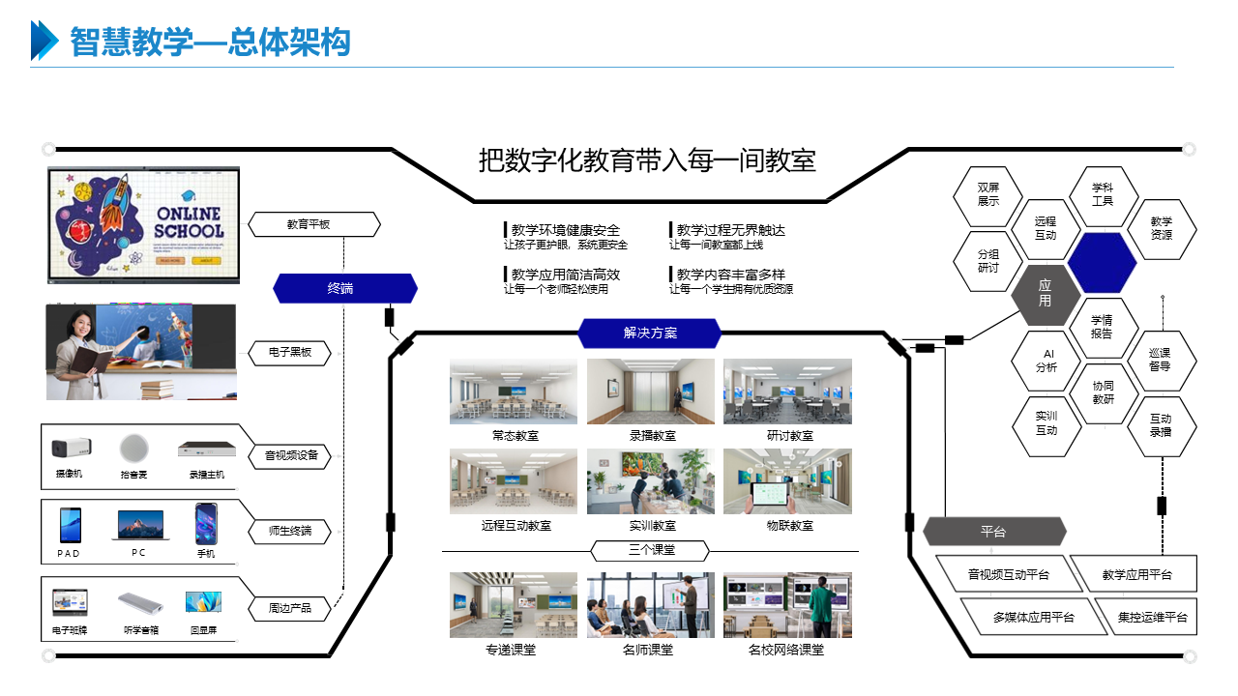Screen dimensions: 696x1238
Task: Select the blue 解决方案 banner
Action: [x=650, y=333]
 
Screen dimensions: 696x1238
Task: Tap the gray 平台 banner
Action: [x=994, y=532]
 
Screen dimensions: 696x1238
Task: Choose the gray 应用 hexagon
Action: [x=1046, y=294]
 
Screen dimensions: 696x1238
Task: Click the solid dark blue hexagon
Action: [x=1102, y=262]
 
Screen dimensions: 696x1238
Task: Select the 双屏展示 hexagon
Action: [x=987, y=195]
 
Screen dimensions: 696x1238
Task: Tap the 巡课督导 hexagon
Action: [x=1161, y=360]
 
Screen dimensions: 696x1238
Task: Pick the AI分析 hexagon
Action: [x=1046, y=361]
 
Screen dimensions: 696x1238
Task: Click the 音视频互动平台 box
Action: [x=1009, y=574]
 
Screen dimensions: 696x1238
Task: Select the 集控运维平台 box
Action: [x=1152, y=617]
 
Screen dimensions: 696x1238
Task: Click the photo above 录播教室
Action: [x=650, y=391]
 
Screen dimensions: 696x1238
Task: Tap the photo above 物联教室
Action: [x=787, y=481]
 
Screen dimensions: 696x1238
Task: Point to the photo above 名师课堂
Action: [x=650, y=605]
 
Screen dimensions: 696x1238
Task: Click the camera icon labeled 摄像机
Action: [x=69, y=449]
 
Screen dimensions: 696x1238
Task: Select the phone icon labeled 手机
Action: [x=205, y=525]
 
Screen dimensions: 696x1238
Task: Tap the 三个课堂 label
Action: [x=650, y=551]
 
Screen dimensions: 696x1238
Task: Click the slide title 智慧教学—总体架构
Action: [x=210, y=43]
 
